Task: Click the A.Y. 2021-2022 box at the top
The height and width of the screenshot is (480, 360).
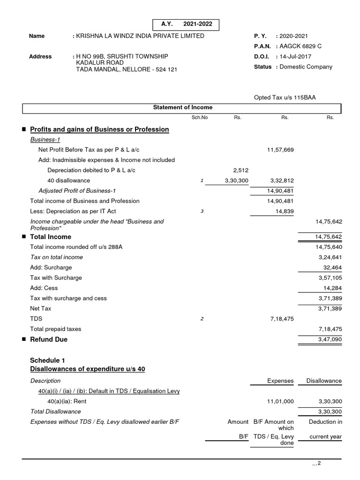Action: [186, 25]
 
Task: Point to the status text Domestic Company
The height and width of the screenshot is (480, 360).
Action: [306, 67]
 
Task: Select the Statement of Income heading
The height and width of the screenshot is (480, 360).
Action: [183, 108]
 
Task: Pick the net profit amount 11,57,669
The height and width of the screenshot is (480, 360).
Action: [280, 150]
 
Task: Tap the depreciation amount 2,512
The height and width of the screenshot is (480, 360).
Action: [240, 170]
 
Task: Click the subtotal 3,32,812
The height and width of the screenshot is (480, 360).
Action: [282, 180]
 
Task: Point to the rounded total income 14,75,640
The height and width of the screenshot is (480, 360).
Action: [329, 247]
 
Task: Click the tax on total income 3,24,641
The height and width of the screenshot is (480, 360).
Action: [330, 257]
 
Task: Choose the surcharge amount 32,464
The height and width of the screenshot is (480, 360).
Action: [332, 268]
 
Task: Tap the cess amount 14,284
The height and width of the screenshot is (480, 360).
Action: [332, 288]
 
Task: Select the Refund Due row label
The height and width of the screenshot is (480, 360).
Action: [48, 339]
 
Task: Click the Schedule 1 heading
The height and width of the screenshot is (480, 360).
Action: [47, 360]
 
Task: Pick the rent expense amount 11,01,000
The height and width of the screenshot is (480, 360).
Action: [280, 402]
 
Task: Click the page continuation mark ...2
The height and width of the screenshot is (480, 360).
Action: [316, 464]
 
